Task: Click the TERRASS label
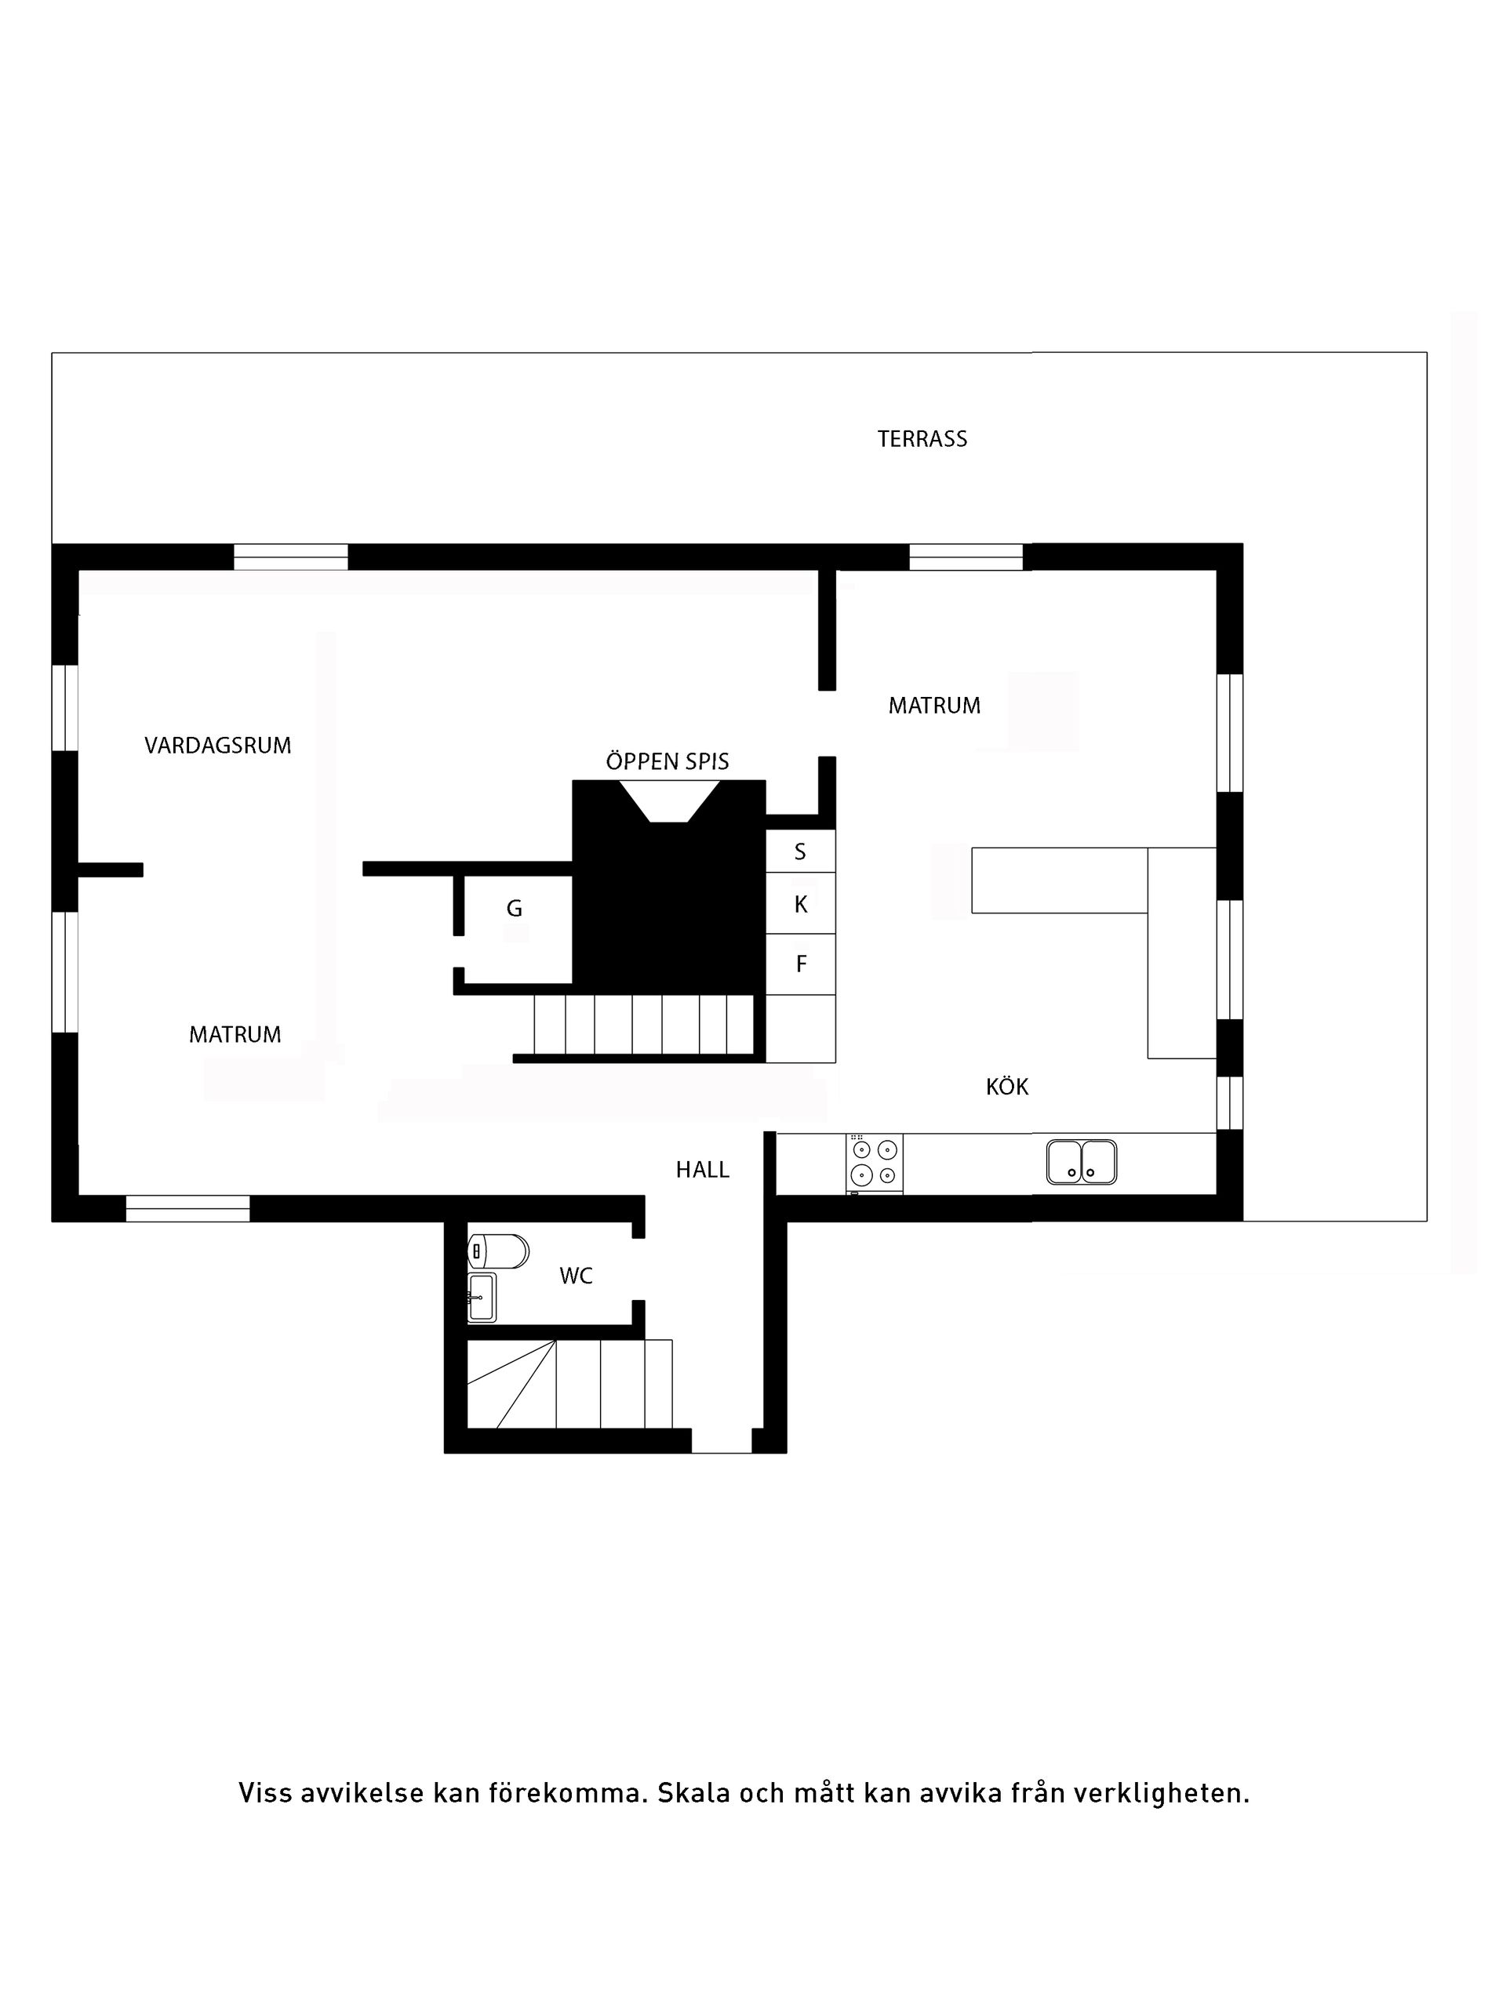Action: pos(922,439)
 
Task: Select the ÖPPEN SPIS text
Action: pos(667,761)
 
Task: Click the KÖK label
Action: pos(1006,1087)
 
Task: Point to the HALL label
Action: pos(702,1170)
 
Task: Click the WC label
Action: pos(576,1276)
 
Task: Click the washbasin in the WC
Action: pos(482,1297)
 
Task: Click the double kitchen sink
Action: pos(1082,1161)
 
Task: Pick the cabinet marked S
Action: pos(800,851)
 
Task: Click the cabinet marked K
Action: pos(800,904)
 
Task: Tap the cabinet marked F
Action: pos(800,964)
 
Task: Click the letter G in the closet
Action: pos(515,908)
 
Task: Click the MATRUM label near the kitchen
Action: pos(933,706)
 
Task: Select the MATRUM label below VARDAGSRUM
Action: pos(235,1034)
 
